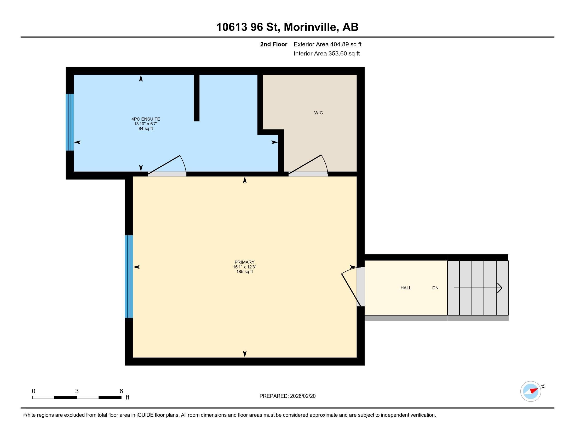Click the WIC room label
tap(318, 113)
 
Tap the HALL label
tap(406, 288)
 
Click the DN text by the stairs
tap(435, 288)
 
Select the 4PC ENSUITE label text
tap(146, 119)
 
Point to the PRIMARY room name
tap(244, 262)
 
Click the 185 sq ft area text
tap(244, 272)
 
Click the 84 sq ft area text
tap(146, 128)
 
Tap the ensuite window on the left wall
tap(70, 122)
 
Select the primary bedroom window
tap(129, 276)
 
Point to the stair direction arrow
tap(478, 288)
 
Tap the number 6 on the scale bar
tap(121, 391)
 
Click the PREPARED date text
tap(287, 396)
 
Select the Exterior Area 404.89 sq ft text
tap(327, 44)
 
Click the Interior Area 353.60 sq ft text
tap(326, 54)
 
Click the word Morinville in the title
tap(311, 27)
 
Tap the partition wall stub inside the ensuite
tap(196, 98)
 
